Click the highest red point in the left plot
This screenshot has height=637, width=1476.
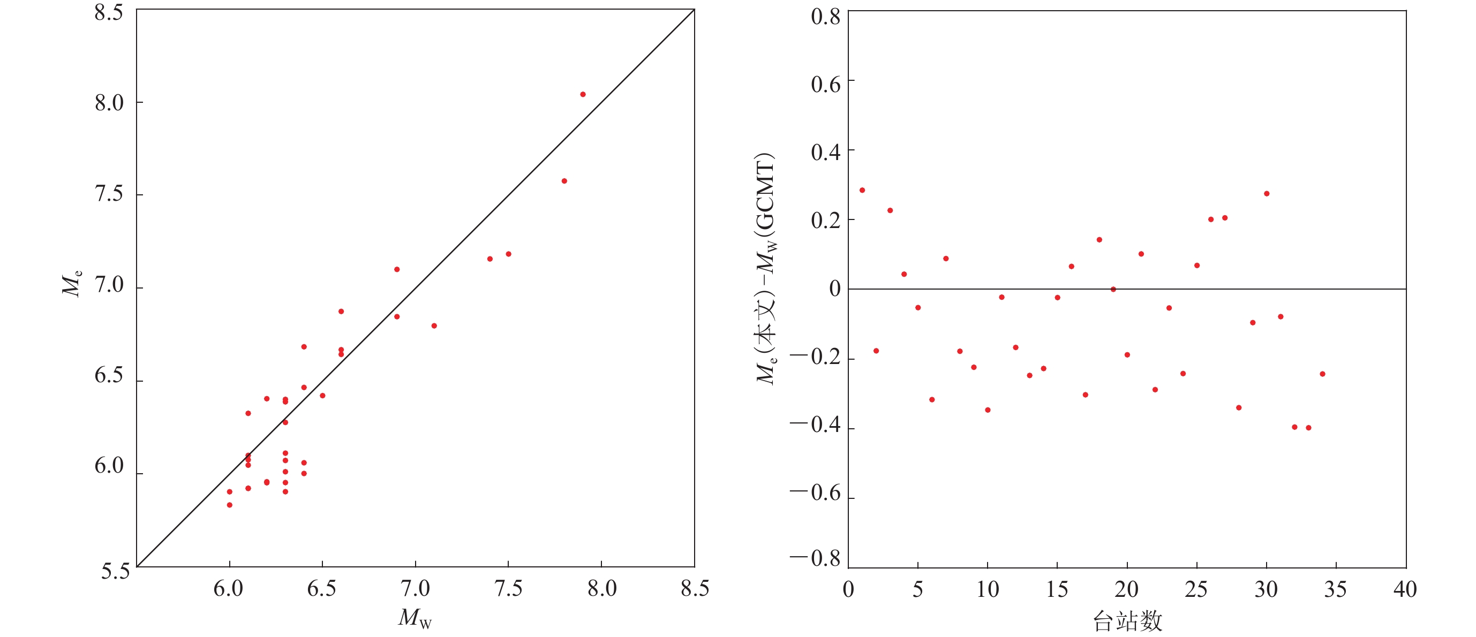[583, 95]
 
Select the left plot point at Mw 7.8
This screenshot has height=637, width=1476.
[564, 181]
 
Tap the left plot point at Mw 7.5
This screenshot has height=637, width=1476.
[508, 254]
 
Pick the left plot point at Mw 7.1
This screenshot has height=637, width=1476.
[434, 326]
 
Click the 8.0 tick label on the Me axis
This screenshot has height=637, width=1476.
[109, 103]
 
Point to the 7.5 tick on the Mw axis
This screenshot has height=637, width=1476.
[508, 589]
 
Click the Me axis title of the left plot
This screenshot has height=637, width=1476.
[72, 283]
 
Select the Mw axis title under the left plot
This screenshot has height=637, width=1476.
[415, 618]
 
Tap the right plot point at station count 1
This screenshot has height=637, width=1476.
[862, 190]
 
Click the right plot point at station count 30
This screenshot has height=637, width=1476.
[1267, 194]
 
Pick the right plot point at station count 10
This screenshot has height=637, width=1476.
[988, 410]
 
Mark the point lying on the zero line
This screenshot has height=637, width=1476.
[1113, 289]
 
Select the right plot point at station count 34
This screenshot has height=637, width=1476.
[1322, 374]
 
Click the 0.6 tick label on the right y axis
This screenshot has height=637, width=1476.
[825, 85]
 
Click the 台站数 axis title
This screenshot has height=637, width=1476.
[1127, 621]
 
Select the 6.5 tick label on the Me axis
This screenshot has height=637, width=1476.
[109, 375]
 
